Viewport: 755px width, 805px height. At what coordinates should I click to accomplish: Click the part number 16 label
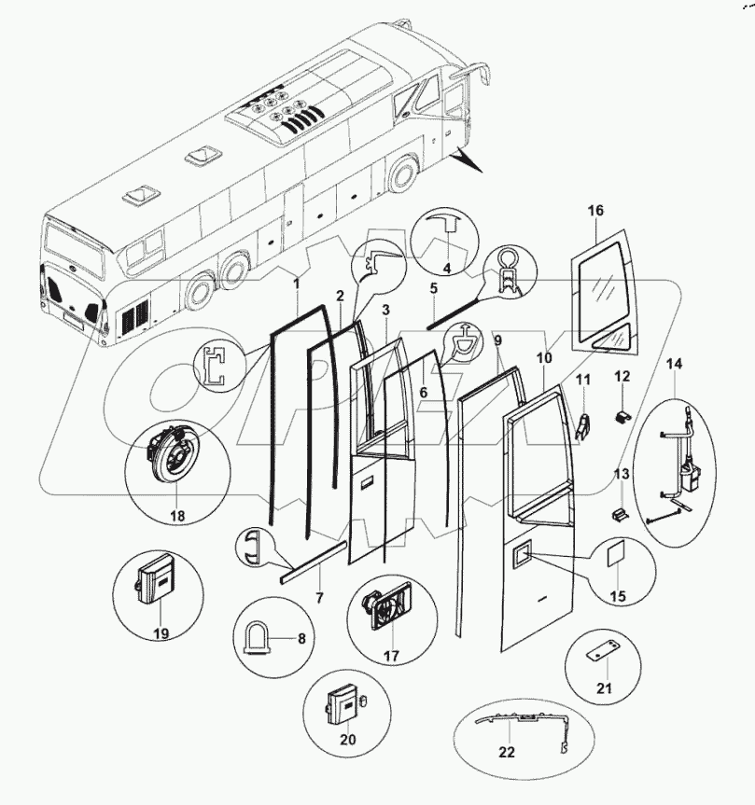[595, 211]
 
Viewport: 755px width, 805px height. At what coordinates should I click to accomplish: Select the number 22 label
[507, 753]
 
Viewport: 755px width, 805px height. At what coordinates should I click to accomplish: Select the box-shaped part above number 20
[341, 711]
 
